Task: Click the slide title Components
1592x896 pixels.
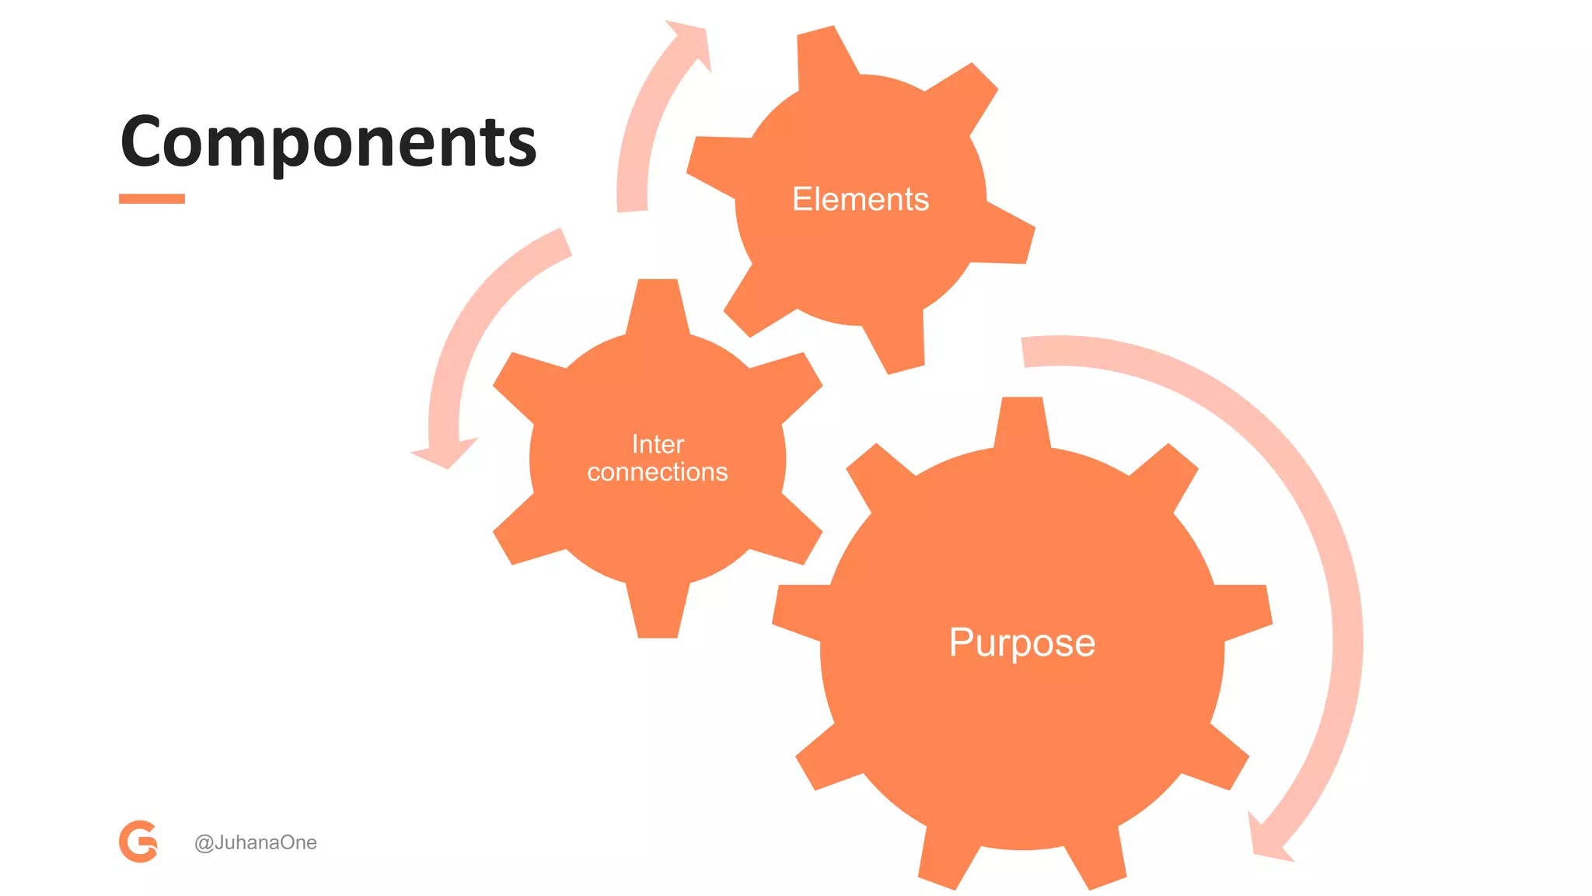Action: click(x=328, y=142)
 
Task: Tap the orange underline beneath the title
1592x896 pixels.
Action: click(x=152, y=198)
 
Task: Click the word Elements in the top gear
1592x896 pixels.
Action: click(x=861, y=199)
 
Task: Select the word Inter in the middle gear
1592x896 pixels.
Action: click(x=658, y=444)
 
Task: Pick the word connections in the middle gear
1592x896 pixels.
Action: click(x=658, y=472)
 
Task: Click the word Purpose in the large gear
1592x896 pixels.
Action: click(x=1021, y=642)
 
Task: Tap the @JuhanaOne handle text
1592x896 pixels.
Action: click(x=255, y=842)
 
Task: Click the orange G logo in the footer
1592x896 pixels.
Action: click(x=138, y=841)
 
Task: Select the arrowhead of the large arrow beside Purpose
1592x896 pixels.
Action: click(x=1267, y=840)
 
